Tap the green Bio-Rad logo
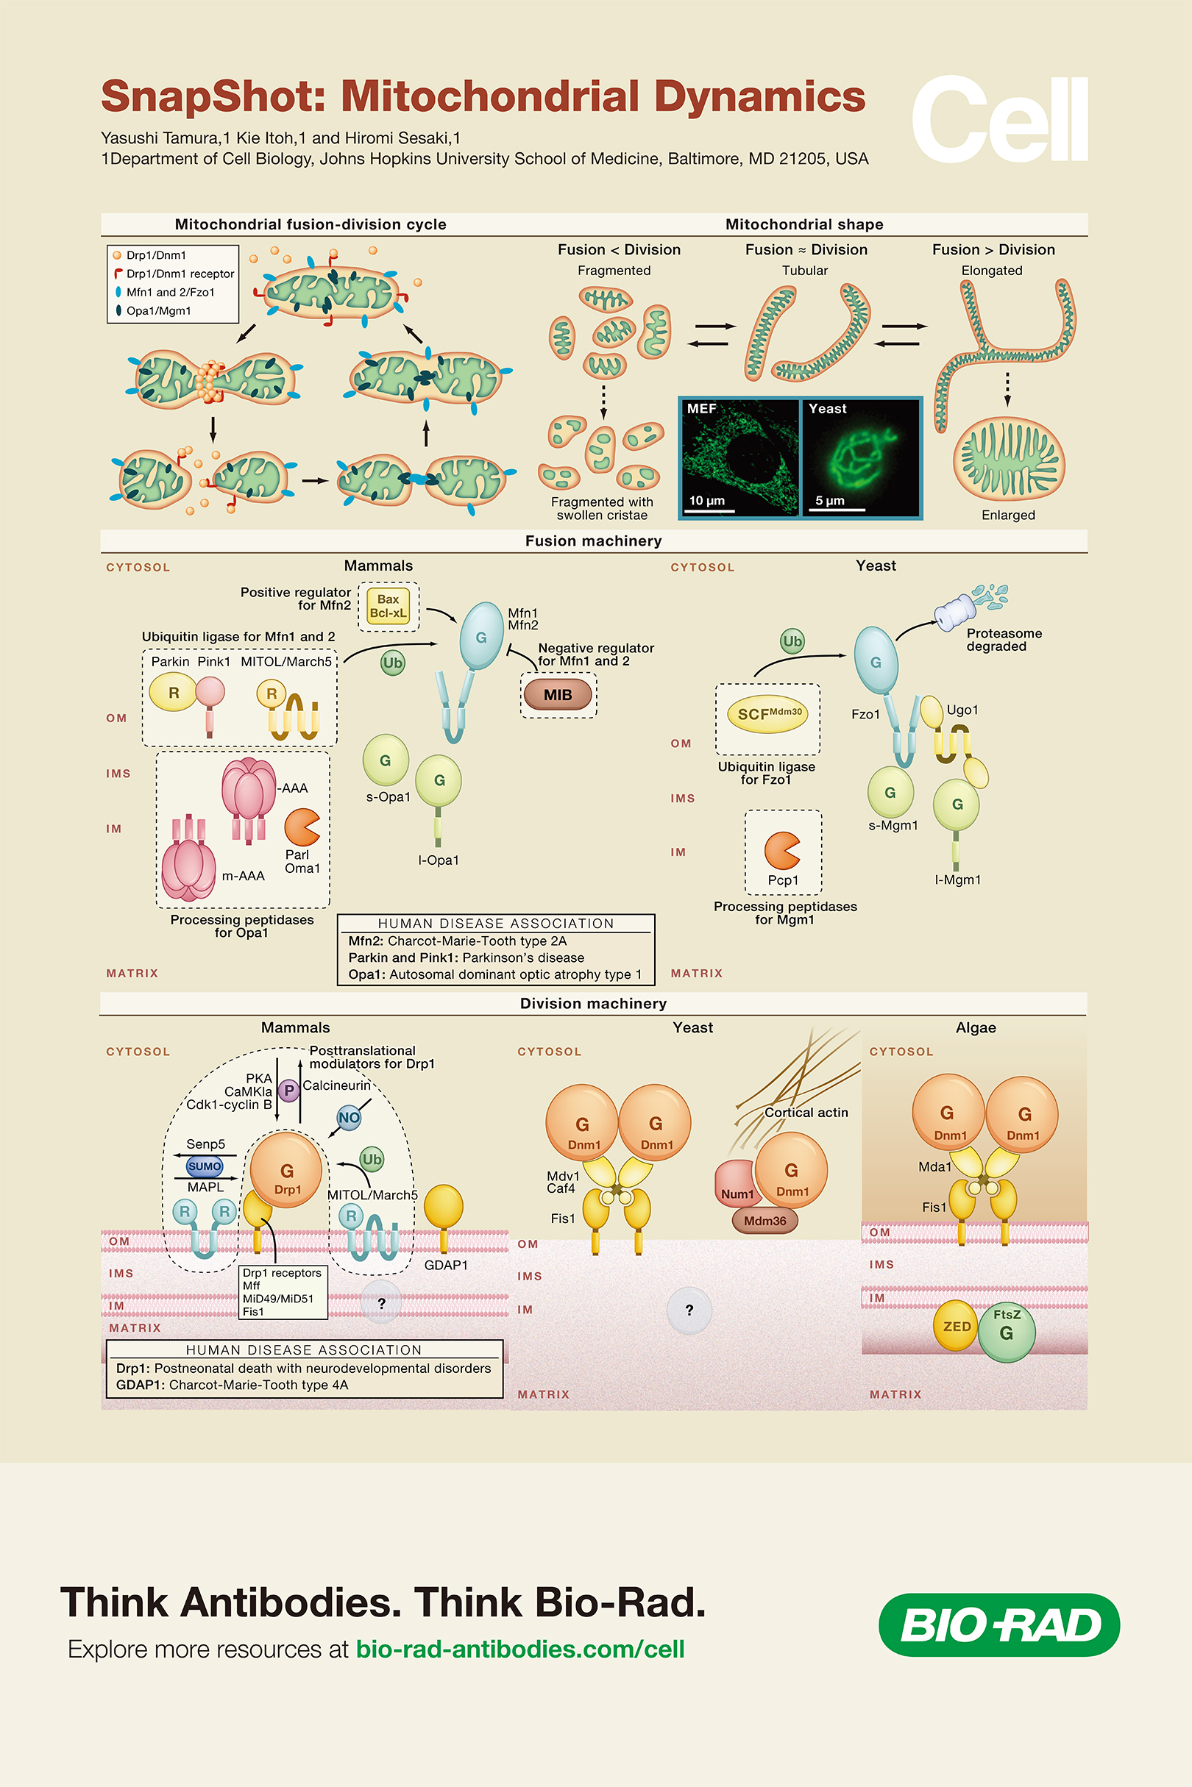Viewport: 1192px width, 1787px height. (999, 1624)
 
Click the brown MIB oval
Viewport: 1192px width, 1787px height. (558, 694)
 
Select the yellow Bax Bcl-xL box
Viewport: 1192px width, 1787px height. (388, 605)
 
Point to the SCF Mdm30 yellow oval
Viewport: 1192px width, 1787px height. (767, 713)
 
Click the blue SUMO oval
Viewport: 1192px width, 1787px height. (205, 1166)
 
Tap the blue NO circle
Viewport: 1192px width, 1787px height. (349, 1117)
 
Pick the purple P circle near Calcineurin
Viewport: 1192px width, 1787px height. (288, 1091)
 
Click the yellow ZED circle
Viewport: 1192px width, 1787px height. (956, 1326)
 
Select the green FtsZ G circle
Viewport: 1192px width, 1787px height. (1007, 1330)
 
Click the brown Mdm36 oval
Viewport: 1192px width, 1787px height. (764, 1220)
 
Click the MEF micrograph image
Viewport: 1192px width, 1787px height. (739, 457)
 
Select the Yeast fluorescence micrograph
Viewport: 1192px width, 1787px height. (862, 457)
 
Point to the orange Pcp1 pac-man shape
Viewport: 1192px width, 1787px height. (781, 850)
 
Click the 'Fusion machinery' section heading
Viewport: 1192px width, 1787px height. (593, 541)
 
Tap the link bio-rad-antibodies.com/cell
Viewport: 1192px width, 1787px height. (520, 1649)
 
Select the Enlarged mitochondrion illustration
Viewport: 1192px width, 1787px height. (1008, 458)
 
